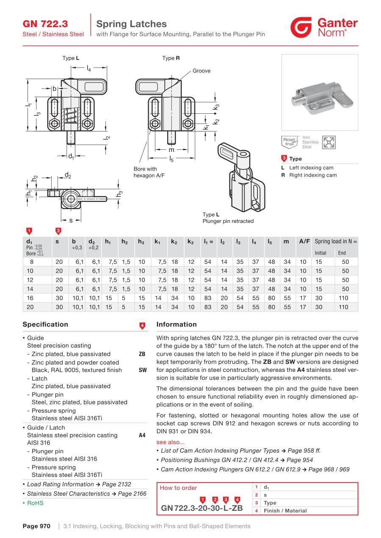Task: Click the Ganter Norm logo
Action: [x=324, y=27]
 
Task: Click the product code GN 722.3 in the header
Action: [x=45, y=24]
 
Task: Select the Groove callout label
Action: [x=202, y=71]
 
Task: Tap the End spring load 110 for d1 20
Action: [x=343, y=307]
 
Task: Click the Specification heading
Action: [x=45, y=324]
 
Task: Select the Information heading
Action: [x=177, y=324]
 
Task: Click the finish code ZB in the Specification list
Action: [x=142, y=354]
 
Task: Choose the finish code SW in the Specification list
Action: [x=143, y=370]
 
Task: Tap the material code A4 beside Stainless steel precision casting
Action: [x=142, y=435]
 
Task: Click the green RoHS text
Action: [x=35, y=503]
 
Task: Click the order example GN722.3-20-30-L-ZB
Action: [x=202, y=508]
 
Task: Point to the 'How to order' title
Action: [x=178, y=488]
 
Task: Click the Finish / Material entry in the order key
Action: [x=285, y=511]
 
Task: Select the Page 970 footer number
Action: [x=36, y=526]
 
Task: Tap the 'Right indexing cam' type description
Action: [x=313, y=175]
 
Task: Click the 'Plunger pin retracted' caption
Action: [x=228, y=221]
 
